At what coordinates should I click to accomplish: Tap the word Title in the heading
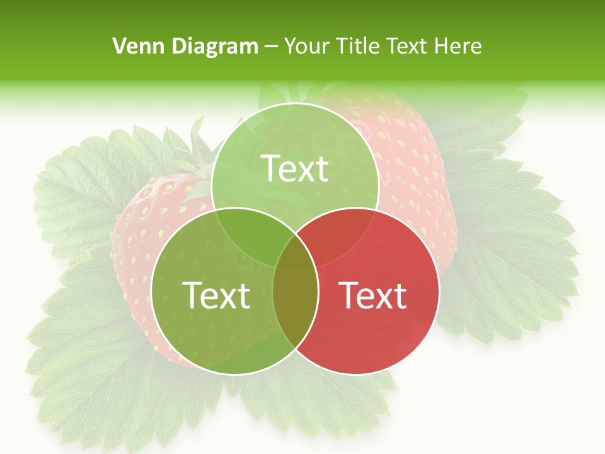358,46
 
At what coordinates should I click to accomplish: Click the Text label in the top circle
295,169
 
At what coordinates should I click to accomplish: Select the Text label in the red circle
373,296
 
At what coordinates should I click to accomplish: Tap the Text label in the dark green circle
216,296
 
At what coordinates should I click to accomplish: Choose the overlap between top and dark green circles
249,236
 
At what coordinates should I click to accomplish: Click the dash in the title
271,47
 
